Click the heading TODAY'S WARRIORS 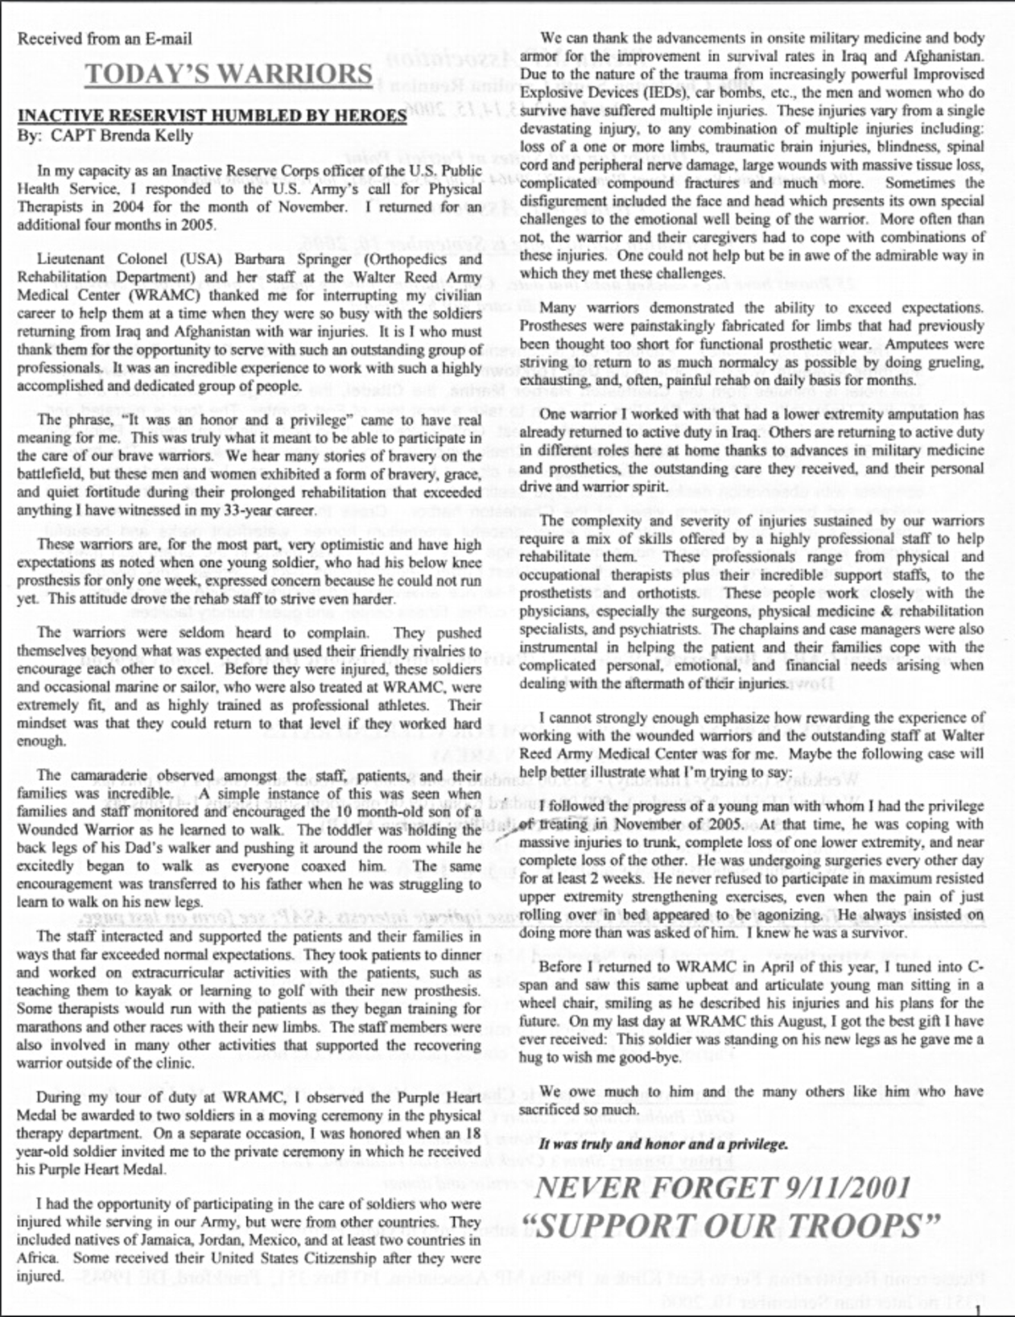(228, 74)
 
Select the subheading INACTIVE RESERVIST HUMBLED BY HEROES (212, 115)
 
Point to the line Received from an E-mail (105, 38)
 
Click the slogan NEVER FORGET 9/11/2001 (722, 1187)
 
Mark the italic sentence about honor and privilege (663, 1144)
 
